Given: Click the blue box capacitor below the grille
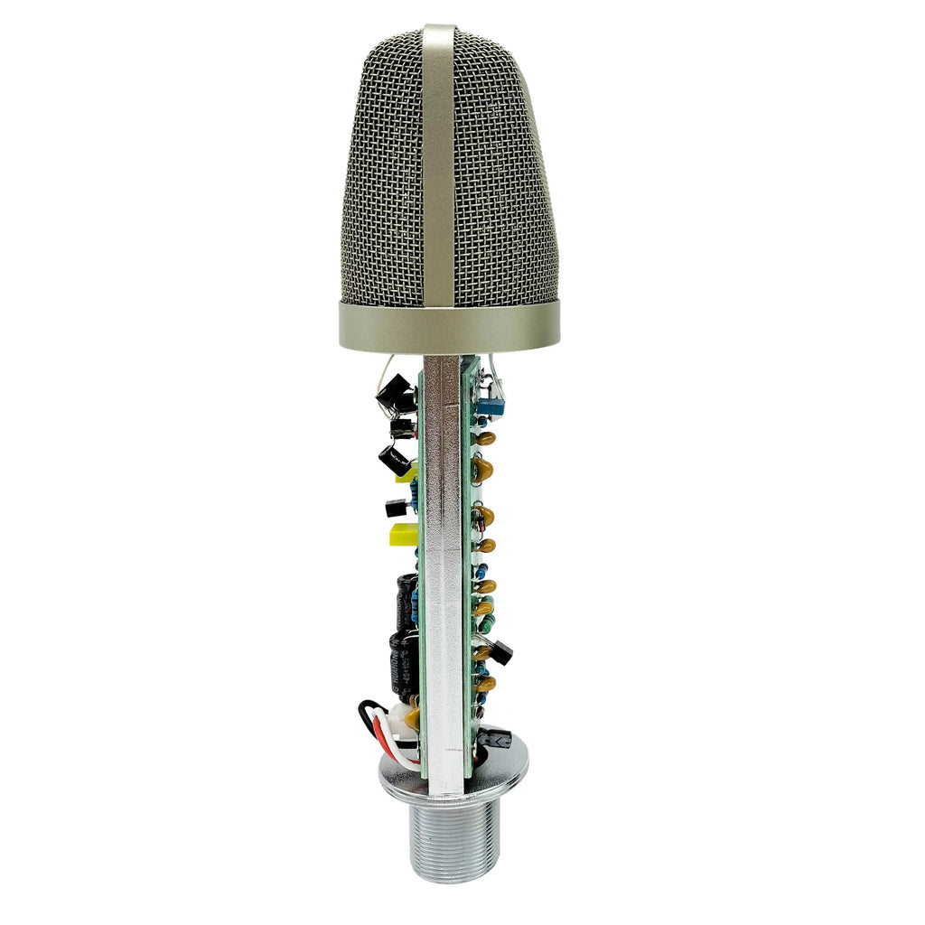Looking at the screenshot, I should (x=491, y=406).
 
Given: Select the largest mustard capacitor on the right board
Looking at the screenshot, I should (x=482, y=468).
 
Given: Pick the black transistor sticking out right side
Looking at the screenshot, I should (x=500, y=652).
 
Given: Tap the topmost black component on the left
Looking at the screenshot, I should (x=395, y=394).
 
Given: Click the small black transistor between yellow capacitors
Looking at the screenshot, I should (x=396, y=509).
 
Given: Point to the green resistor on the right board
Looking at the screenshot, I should (x=485, y=622).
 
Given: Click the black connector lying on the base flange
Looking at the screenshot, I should (x=495, y=739).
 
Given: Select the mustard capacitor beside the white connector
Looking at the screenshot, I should (x=412, y=716).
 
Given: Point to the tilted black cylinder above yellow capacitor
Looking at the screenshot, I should (x=396, y=460).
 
